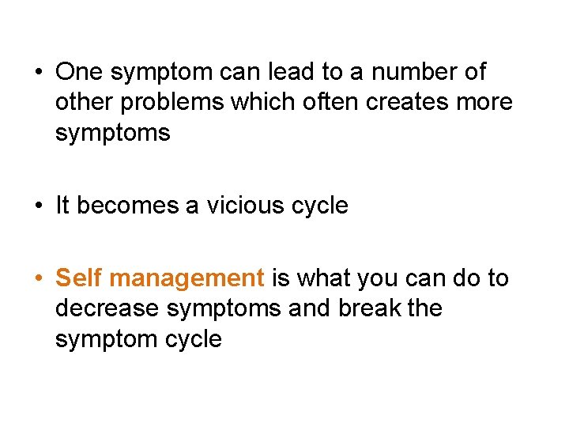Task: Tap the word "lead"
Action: click(x=288, y=72)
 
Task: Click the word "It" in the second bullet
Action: click(x=63, y=206)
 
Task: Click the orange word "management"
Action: click(x=187, y=279)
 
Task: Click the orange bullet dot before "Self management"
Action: click(x=39, y=279)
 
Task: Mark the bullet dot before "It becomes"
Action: click(x=39, y=206)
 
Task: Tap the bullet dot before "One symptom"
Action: click(x=39, y=73)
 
